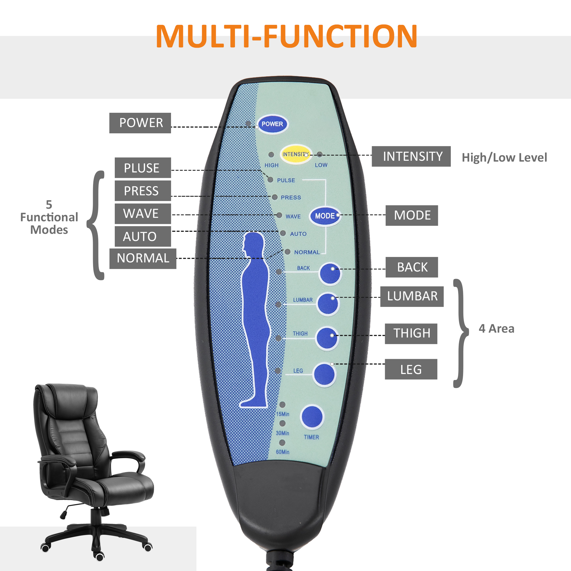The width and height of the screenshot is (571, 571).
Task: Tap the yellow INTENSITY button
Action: pos(295,154)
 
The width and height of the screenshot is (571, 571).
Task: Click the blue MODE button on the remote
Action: pos(325,216)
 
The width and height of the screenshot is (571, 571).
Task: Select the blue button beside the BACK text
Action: pos(330,274)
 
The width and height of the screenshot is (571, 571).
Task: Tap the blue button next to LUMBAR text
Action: pos(327,304)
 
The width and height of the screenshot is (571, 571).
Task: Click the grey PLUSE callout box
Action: pos(143,168)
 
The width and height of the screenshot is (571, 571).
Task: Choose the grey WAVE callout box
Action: pos(143,214)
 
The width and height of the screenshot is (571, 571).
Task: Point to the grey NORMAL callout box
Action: pos(143,258)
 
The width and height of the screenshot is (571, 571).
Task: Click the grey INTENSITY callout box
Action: pos(411,156)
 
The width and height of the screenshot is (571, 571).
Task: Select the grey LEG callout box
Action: pos(411,369)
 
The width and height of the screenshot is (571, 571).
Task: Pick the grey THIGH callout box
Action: pos(411,333)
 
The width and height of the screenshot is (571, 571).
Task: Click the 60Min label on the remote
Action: pos(283,452)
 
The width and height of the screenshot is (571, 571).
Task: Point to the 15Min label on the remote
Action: pos(283,414)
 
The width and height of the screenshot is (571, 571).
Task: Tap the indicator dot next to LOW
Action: pos(319,154)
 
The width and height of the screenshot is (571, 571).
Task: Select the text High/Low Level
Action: pos(504,158)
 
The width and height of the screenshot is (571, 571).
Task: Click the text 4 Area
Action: pos(496,329)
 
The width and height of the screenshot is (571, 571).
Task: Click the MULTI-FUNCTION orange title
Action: pos(286,36)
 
